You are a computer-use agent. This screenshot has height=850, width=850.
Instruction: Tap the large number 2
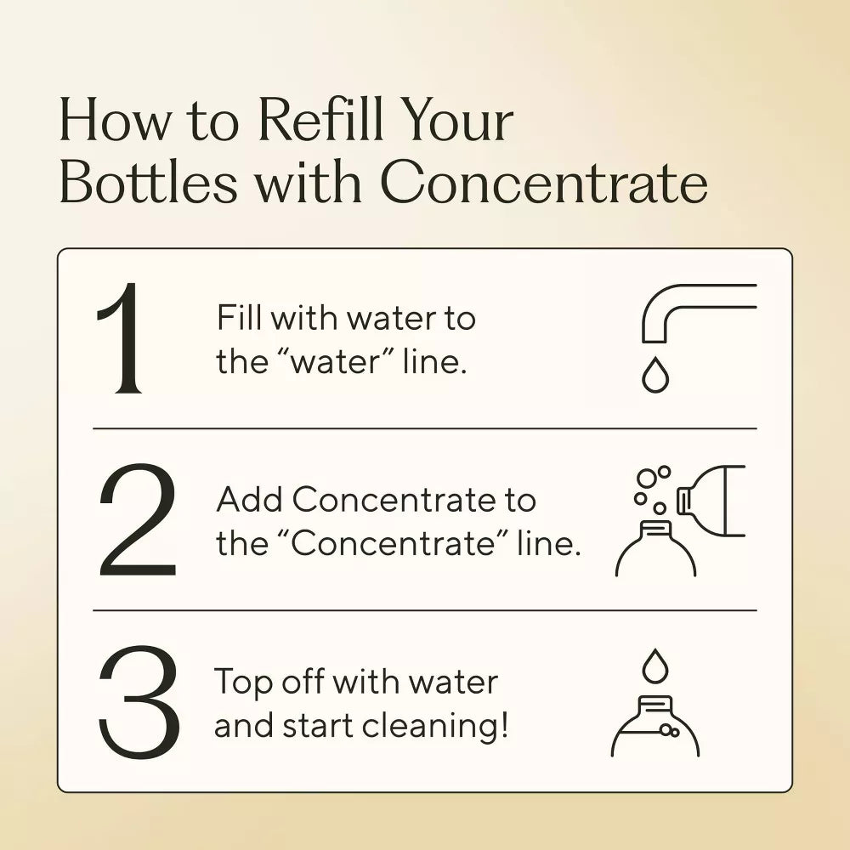(137, 521)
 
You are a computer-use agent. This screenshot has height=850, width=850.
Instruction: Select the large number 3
(139, 703)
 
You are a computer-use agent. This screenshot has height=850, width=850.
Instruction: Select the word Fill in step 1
(240, 319)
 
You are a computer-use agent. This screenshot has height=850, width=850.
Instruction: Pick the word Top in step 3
(242, 682)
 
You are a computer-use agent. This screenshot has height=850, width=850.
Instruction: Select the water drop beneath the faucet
(654, 375)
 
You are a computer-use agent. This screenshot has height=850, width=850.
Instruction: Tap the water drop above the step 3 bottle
(654, 666)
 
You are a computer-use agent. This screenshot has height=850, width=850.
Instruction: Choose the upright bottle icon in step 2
(655, 551)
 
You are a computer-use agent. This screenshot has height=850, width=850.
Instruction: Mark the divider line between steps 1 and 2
(425, 429)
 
